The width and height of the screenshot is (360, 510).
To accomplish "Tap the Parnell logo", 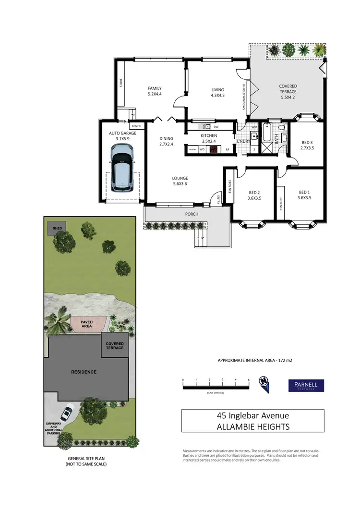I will pos(306,385).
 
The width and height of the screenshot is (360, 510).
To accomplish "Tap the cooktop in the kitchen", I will pos(214,149).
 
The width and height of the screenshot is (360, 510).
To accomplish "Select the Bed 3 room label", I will pos(307,146).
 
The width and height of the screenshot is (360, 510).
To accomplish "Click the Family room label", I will pos(155,91).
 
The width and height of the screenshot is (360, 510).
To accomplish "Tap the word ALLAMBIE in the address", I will pos(238,426).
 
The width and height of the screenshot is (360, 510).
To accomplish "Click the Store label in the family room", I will pos(121,87).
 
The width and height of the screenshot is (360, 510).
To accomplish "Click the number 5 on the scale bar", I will pos(249,379).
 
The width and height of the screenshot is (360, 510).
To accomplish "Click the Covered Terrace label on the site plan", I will pos(115,346).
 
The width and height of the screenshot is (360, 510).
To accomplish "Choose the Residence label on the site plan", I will pos(84,372).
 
